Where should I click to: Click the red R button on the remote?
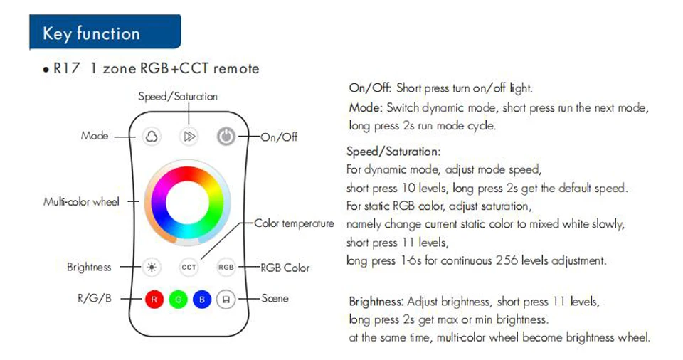point(154,300)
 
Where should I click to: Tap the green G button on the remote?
point(178,300)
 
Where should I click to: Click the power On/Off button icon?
point(226,137)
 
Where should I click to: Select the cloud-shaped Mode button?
point(152,137)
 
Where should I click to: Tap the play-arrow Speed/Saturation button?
point(189,137)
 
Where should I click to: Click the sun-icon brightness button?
point(151,268)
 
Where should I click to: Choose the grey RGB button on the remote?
point(226,268)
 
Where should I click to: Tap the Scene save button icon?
point(226,300)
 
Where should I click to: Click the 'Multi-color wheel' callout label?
point(81,202)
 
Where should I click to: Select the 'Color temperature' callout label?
point(294,223)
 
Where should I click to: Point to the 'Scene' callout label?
point(275,298)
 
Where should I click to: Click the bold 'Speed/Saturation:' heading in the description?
point(393,152)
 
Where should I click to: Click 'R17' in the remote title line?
point(68,69)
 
